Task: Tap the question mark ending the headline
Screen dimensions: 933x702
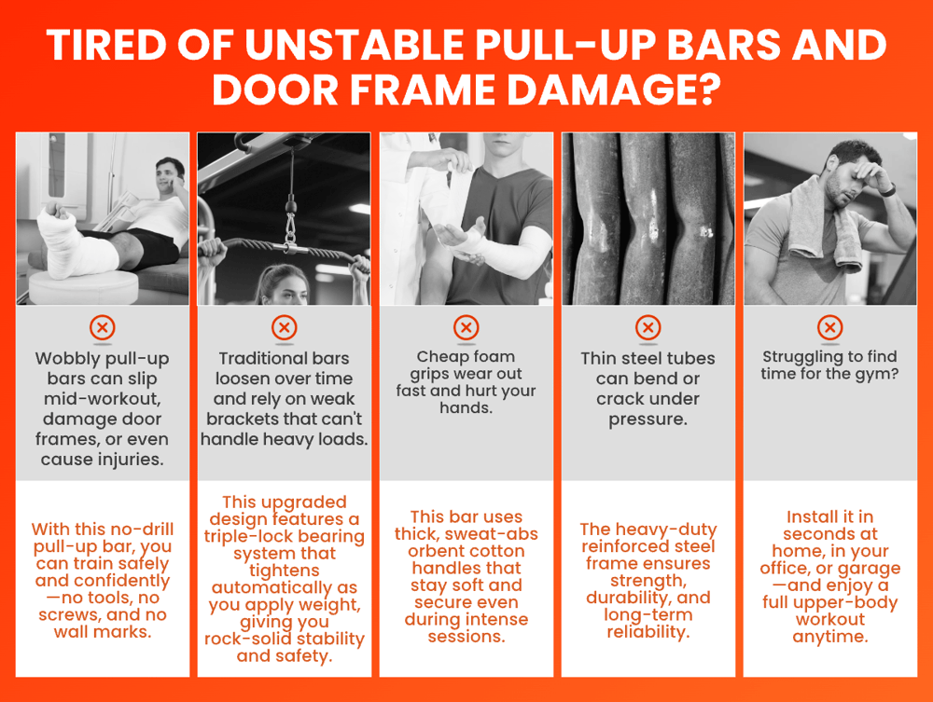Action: pos(707,89)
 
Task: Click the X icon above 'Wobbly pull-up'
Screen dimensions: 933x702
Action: pos(103,327)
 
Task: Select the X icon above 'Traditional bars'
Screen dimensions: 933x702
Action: pos(285,327)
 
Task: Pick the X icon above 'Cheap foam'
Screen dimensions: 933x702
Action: pos(466,327)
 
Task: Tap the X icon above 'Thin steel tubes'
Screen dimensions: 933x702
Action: pos(648,327)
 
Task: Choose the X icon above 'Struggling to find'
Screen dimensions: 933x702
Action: pos(830,327)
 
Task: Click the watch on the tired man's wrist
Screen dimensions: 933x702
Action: pos(888,190)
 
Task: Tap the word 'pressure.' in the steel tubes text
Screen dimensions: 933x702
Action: pos(648,420)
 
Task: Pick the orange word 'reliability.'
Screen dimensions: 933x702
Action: pos(648,632)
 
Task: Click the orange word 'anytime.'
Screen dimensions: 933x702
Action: pos(830,638)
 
